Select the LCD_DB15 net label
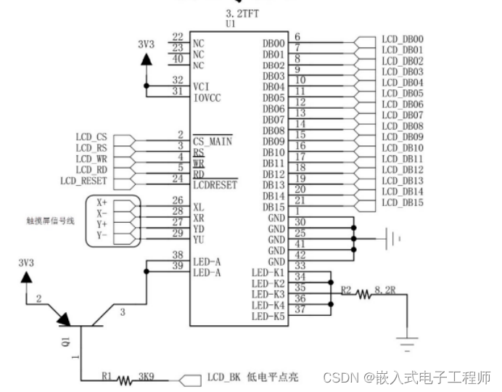(x=402, y=203)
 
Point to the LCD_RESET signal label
(x=84, y=180)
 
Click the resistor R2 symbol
(x=363, y=294)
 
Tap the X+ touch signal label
(x=102, y=203)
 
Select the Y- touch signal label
(x=102, y=235)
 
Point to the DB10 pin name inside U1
(x=273, y=152)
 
